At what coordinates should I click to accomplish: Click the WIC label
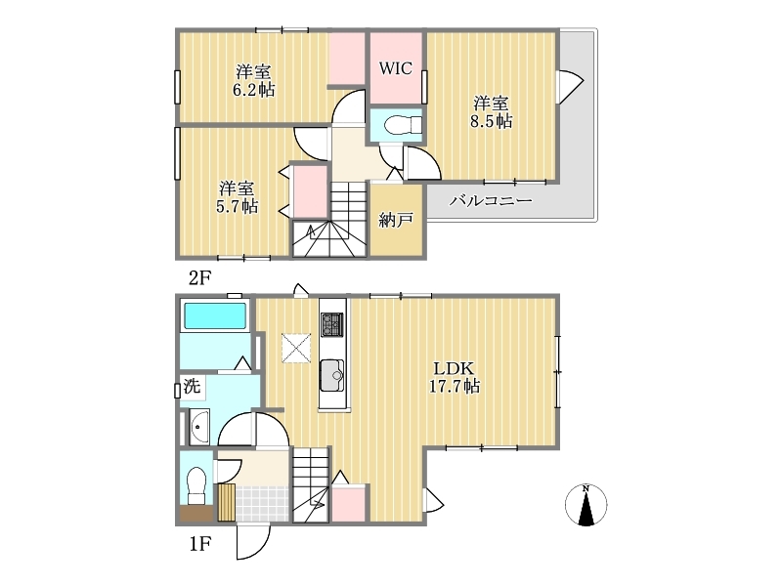click(396, 68)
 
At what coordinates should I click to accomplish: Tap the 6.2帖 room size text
click(253, 90)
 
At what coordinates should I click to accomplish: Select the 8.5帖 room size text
click(492, 121)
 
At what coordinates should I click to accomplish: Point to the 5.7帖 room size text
click(237, 206)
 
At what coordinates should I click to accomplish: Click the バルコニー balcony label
click(492, 201)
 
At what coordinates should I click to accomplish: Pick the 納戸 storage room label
click(396, 220)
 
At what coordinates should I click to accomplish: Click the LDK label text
click(454, 369)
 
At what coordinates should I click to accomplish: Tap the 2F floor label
click(199, 278)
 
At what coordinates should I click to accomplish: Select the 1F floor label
click(199, 544)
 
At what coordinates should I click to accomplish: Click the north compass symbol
click(586, 504)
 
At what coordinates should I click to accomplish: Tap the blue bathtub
click(215, 315)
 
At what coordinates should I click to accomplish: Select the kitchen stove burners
click(331, 324)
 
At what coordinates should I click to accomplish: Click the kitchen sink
click(331, 375)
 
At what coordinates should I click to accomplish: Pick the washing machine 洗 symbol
click(192, 386)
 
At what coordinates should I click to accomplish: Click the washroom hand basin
click(199, 427)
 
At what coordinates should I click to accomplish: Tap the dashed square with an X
click(296, 348)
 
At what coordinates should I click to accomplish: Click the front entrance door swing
click(253, 542)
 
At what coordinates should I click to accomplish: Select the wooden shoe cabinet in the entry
click(227, 502)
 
